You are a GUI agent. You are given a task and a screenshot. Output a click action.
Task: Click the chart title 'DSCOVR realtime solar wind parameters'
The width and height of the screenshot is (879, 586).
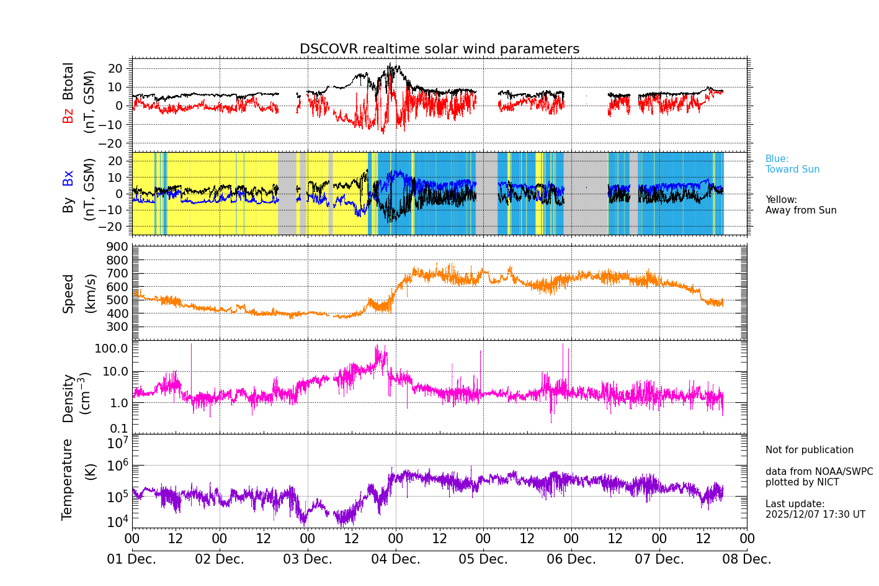(x=439, y=49)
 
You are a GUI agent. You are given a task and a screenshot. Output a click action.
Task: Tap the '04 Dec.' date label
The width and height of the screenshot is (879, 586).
(x=395, y=559)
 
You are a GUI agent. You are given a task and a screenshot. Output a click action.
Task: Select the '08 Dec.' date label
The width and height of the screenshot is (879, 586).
(x=747, y=559)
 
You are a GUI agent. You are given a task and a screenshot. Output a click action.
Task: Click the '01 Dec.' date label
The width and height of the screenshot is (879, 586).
(x=132, y=559)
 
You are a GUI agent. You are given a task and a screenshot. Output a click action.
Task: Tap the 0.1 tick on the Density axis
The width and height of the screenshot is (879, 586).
(x=119, y=428)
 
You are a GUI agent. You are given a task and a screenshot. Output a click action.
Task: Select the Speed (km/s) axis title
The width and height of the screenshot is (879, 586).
(x=78, y=293)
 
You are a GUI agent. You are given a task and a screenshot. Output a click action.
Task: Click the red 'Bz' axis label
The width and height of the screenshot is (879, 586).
(x=68, y=115)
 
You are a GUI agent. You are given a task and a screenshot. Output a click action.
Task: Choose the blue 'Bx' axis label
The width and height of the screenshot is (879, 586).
(x=68, y=178)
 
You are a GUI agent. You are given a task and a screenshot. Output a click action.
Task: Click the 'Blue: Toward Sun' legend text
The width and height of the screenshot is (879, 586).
(x=792, y=164)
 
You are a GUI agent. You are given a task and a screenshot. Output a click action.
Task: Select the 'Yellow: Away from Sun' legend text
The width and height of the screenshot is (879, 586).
(x=800, y=205)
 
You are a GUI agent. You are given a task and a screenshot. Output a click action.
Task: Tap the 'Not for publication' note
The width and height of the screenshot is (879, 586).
(x=809, y=450)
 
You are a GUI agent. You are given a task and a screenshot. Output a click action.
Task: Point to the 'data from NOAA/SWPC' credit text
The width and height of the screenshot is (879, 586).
(x=819, y=472)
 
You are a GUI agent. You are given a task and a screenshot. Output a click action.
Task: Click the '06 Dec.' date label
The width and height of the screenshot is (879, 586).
(x=571, y=559)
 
